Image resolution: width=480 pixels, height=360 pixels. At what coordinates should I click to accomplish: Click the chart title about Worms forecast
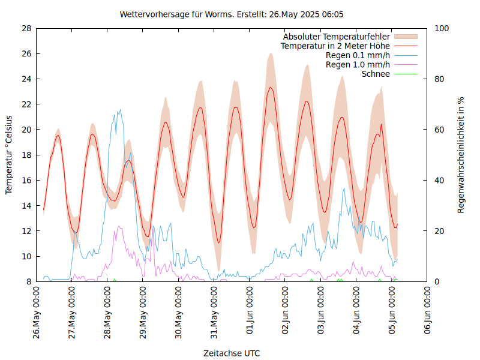tap(232, 14)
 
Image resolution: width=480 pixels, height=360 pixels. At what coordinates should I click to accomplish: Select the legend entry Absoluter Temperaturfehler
tap(337, 37)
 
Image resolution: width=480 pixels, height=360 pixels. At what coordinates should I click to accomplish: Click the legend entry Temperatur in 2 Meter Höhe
tap(335, 46)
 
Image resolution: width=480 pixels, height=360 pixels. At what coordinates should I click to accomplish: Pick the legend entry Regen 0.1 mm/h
tap(358, 55)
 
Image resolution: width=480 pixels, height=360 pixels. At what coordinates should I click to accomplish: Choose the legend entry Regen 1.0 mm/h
tap(358, 65)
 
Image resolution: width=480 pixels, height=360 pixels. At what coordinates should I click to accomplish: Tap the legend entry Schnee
tap(376, 74)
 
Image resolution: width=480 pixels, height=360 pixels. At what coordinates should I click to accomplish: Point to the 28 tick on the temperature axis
tap(26, 28)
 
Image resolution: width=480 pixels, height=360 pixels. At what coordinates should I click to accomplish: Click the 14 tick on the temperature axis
tap(26, 206)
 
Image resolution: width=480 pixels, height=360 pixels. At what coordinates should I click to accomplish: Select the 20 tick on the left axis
tap(26, 130)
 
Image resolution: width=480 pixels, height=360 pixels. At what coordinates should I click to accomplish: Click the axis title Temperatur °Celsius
tap(9, 154)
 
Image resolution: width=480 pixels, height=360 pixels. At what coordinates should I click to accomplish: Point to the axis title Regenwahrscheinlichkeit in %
tap(461, 155)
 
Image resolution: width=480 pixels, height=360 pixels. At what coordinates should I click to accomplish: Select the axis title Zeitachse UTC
tap(232, 353)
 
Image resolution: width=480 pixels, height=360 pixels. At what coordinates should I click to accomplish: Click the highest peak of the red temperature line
tap(271, 88)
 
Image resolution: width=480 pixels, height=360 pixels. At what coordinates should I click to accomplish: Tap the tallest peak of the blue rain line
tap(120, 110)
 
